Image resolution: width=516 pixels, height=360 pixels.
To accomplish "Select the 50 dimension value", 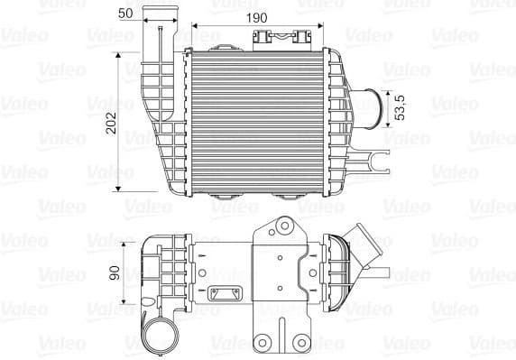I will pyautogui.click(x=125, y=14).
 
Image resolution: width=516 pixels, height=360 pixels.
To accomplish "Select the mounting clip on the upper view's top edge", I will pyautogui.click(x=277, y=38).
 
